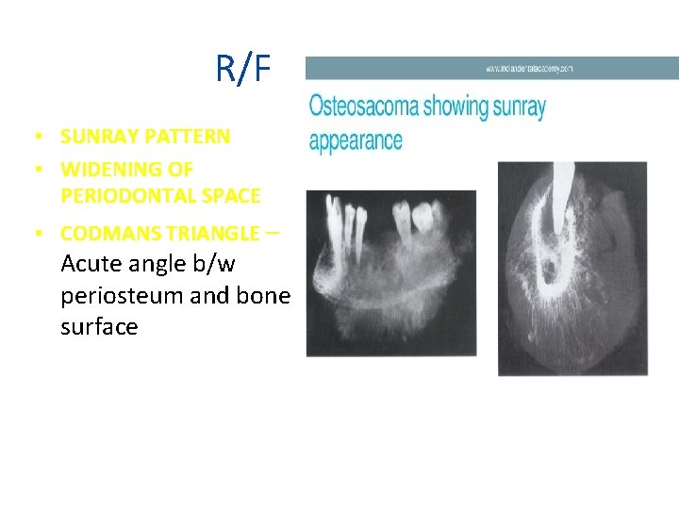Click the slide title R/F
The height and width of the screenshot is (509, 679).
point(243,68)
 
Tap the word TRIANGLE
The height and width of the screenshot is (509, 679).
point(211,233)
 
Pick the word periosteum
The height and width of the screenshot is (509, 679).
point(122,295)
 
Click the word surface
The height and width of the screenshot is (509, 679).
point(99,327)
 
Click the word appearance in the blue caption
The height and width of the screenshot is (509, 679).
point(356,141)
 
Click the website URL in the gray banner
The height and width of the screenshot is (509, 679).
point(529,69)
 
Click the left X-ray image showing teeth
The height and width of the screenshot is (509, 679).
point(390,273)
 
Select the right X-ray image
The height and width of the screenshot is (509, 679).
point(572,268)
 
